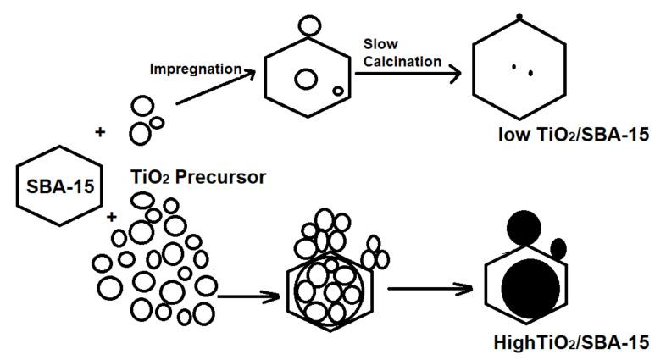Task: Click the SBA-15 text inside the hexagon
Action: [52, 186]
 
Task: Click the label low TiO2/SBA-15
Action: [561, 136]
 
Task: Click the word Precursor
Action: [223, 177]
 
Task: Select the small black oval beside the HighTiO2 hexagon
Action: [558, 248]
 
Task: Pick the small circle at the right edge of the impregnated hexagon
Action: [338, 90]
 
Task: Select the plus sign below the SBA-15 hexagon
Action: [111, 219]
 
